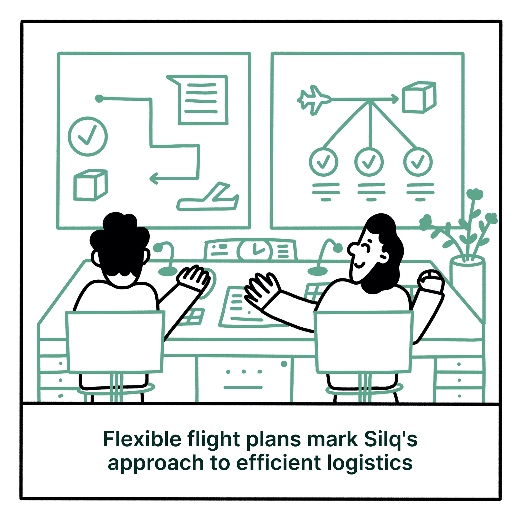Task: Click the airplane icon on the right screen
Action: [x=314, y=100]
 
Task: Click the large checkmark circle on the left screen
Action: [x=87, y=136]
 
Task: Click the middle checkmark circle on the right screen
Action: [x=369, y=162]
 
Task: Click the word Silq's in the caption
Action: [x=390, y=439]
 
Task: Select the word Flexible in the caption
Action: [x=142, y=439]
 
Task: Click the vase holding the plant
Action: [x=467, y=274]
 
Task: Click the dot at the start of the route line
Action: [x=99, y=98]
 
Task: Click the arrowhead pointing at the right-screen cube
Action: [x=395, y=99]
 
